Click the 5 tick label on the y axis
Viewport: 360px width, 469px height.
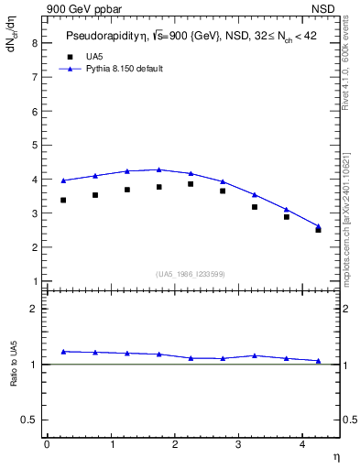pyautogui.click(x=34, y=146)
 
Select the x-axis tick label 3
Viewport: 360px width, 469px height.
pyautogui.click(x=239, y=444)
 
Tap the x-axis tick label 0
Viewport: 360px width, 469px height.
pyautogui.click(x=47, y=444)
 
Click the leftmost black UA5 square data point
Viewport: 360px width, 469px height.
pyautogui.click(x=63, y=200)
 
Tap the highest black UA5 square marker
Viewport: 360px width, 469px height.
pyautogui.click(x=191, y=184)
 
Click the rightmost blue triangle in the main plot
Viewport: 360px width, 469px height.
pyautogui.click(x=318, y=226)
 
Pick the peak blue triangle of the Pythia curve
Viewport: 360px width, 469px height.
pyautogui.click(x=158, y=169)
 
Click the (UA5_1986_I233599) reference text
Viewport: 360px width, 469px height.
pyautogui.click(x=190, y=273)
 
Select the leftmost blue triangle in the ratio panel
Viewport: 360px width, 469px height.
pyautogui.click(x=63, y=351)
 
